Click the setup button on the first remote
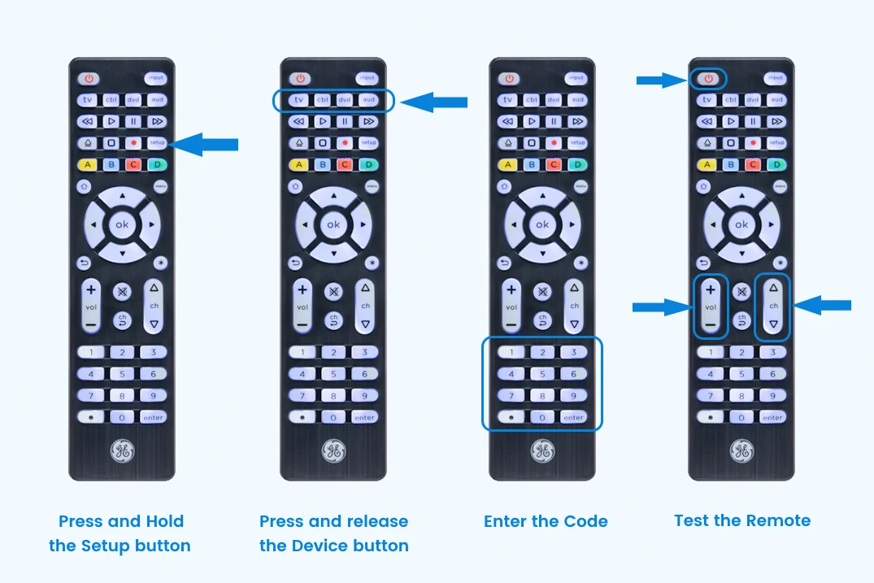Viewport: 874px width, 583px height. click(157, 142)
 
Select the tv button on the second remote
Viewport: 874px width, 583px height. click(300, 100)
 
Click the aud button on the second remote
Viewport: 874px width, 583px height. click(368, 100)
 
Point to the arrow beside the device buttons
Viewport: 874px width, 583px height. click(435, 102)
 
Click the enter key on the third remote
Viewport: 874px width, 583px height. click(573, 417)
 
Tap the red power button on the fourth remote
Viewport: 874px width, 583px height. click(708, 79)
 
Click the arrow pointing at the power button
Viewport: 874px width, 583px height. click(661, 80)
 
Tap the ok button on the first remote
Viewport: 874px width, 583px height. click(122, 224)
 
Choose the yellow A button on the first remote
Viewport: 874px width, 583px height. click(87, 164)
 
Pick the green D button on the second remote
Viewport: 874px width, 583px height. click(368, 164)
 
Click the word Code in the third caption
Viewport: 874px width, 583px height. click(585, 521)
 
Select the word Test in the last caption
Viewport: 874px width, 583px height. click(692, 520)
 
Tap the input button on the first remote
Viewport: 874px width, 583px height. click(155, 79)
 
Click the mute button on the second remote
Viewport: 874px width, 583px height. click(333, 291)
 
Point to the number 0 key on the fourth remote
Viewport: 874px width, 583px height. click(741, 417)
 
